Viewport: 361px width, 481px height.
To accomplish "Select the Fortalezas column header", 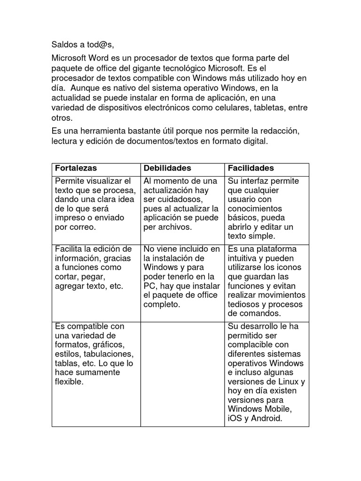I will (76, 168).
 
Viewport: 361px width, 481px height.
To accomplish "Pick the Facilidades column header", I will (251, 168).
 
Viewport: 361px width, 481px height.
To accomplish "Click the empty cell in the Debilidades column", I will (182, 374).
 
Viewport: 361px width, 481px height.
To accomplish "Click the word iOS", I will (235, 419).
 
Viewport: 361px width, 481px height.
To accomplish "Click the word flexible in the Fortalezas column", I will (69, 381).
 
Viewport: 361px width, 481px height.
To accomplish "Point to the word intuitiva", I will (244, 258).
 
